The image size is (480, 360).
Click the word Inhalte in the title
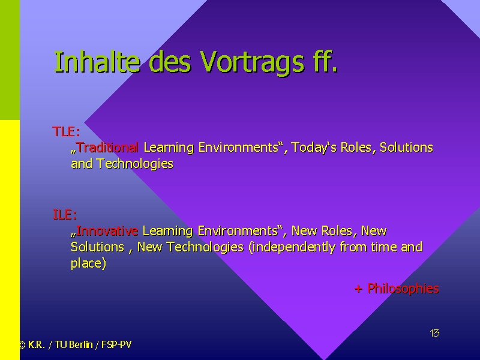[x=97, y=62]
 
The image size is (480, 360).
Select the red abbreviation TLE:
[x=66, y=131]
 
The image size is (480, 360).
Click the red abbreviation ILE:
[x=65, y=215]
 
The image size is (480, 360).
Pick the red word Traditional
[x=107, y=148]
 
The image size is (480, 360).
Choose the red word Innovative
[x=107, y=231]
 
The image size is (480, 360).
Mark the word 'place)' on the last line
[x=88, y=263]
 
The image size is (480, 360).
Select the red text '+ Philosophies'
[x=397, y=289]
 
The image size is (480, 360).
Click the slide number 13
[x=434, y=333]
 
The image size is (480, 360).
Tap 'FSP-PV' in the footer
[x=116, y=344]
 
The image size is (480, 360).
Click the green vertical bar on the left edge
[x=10, y=60]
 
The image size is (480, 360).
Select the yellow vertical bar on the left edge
[x=10, y=240]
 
